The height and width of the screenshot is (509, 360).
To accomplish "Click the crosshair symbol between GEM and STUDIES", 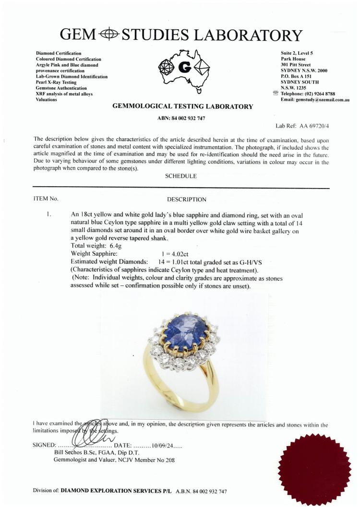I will click(x=110, y=35).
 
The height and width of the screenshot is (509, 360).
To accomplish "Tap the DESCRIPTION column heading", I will click(x=186, y=200).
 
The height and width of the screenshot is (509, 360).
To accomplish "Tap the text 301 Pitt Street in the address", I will click(x=296, y=65).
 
